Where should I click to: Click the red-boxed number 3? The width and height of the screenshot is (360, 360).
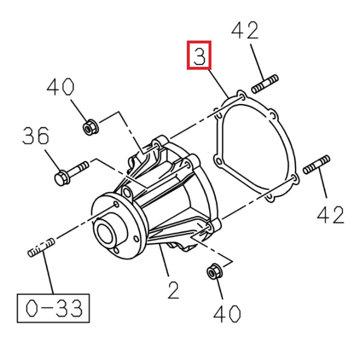click(x=199, y=55)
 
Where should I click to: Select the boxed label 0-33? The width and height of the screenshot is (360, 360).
click(x=53, y=308)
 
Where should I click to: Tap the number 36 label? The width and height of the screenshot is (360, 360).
click(x=36, y=135)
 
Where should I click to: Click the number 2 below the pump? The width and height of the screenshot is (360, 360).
click(x=173, y=290)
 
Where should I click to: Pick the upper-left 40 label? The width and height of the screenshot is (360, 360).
click(x=61, y=87)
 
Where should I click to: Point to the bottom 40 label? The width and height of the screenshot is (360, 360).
click(x=227, y=314)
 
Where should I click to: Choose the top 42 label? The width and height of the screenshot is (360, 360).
click(x=245, y=30)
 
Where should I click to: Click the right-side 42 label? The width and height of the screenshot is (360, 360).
click(x=331, y=215)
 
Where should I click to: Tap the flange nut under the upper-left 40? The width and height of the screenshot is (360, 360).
click(x=90, y=127)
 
